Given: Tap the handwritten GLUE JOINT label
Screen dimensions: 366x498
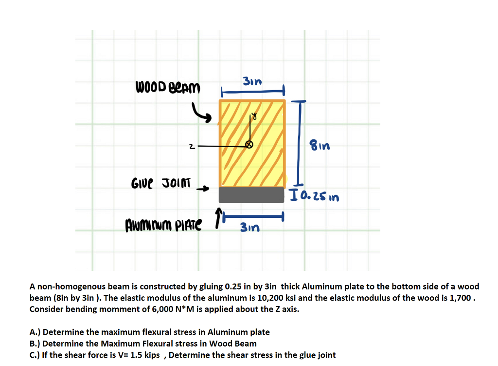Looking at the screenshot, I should point(162,184).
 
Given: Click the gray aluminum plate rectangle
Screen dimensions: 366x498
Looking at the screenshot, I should point(251,194).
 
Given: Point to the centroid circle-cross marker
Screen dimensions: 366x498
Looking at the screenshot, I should point(249,145).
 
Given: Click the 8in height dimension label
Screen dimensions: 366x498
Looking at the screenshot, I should point(320,145).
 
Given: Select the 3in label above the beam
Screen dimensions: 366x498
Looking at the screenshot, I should point(252,81).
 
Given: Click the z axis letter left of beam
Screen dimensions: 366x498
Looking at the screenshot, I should point(193,145).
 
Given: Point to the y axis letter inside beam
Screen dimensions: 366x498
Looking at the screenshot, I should point(254,117).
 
